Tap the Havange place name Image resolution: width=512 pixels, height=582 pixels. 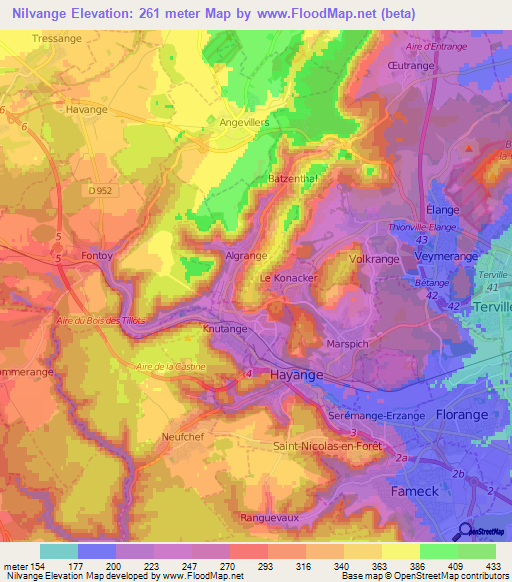point(88,109)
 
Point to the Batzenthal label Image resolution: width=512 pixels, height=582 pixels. point(293,178)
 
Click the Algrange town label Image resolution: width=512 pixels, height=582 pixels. point(247,256)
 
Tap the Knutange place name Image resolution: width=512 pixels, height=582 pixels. point(225,328)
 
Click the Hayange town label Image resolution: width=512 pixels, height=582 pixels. point(297,374)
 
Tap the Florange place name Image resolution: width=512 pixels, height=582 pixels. point(460,413)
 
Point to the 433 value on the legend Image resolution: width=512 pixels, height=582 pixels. point(493,567)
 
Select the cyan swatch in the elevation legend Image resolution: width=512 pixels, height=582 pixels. point(58,551)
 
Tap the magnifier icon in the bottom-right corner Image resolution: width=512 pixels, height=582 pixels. point(465,531)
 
